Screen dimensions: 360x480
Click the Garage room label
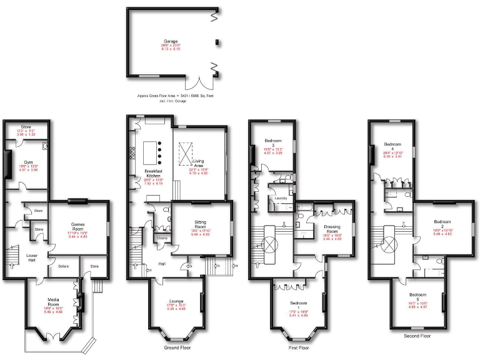point(171,42)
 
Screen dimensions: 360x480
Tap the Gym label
point(28,161)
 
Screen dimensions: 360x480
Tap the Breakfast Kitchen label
point(154,173)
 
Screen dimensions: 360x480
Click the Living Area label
point(199,162)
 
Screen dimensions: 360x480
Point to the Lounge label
point(177,301)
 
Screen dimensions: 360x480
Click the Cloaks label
point(162,238)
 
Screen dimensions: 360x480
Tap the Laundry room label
point(281,198)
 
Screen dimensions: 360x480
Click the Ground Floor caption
point(177,347)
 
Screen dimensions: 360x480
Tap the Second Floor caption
point(417,336)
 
